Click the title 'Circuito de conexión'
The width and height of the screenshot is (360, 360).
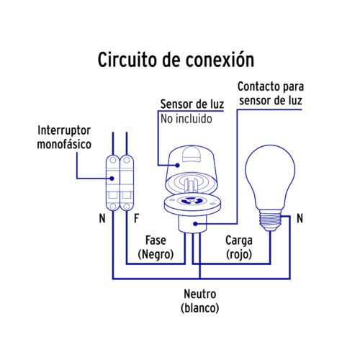(176, 60)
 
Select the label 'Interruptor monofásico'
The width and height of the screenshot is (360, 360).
(64, 138)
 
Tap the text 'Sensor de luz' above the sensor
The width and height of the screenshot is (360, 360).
(192, 104)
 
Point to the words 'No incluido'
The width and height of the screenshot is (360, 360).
(186, 119)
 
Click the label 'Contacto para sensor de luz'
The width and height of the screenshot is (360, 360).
(271, 94)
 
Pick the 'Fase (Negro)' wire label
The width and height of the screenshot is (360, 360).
(156, 248)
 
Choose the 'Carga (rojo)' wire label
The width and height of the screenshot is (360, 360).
(239, 248)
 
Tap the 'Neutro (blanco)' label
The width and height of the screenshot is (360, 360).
(199, 301)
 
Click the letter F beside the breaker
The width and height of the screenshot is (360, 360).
(136, 218)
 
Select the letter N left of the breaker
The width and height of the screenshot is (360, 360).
(102, 218)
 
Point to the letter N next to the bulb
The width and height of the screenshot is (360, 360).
(300, 218)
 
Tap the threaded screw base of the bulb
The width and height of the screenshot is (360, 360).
(270, 219)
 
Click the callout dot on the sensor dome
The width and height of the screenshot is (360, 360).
(177, 165)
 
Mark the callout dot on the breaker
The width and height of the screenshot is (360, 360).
(112, 179)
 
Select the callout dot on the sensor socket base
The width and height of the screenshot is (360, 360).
(195, 224)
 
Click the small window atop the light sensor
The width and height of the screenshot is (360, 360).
(192, 154)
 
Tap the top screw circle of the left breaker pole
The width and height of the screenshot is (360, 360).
(113, 160)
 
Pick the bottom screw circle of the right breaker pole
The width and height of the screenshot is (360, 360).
(127, 206)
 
